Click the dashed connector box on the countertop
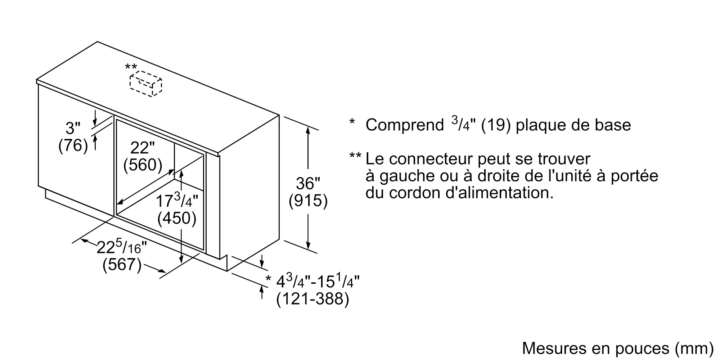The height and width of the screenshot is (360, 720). pos(146,84)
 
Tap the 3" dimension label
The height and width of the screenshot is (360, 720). pos(73,129)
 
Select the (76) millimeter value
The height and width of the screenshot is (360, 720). pos(73,145)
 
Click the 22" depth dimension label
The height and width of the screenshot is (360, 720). pos(142,148)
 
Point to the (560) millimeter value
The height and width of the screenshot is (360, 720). pos(143,165)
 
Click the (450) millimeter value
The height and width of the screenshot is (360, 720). pos(177,218)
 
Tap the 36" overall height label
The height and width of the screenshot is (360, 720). pos(308,184)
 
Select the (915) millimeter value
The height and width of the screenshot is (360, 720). pos(308,201)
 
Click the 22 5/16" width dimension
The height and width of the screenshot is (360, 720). pos(122,247)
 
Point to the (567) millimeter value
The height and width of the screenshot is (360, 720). pos(122,265)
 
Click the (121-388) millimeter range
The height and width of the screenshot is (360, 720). pos(312,299)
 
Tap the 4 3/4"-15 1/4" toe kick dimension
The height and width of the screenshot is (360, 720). pos(318,281)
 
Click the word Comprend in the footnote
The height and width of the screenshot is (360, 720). pos(405,125)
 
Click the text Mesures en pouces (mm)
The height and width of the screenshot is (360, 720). pos(617,348)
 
